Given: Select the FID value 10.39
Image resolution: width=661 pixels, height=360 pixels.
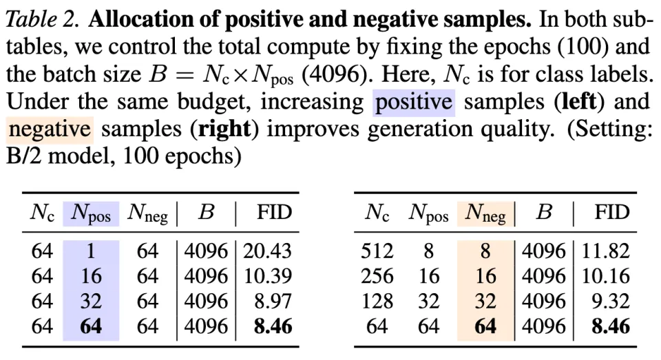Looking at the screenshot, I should click(x=267, y=277).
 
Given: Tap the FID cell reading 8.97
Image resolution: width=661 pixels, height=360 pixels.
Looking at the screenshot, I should click(x=273, y=301).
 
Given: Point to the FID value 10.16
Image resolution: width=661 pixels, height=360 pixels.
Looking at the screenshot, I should click(x=605, y=277).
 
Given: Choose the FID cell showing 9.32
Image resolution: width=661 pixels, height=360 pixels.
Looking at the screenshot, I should click(x=611, y=301).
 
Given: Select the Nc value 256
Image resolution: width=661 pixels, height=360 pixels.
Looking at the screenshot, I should click(x=377, y=277).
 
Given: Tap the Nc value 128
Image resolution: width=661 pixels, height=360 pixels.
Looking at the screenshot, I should click(x=377, y=301).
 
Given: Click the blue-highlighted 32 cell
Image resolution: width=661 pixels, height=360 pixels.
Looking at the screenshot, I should click(x=91, y=301).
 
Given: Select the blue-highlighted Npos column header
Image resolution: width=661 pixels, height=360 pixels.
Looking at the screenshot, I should click(x=91, y=213).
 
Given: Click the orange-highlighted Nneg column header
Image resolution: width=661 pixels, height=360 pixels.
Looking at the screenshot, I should click(x=485, y=213).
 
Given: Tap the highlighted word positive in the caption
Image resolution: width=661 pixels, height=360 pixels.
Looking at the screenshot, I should click(x=413, y=103).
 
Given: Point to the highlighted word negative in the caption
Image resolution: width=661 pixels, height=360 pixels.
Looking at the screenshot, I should click(x=50, y=129).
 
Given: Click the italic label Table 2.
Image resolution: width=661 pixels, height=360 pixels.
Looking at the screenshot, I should click(x=43, y=19).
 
